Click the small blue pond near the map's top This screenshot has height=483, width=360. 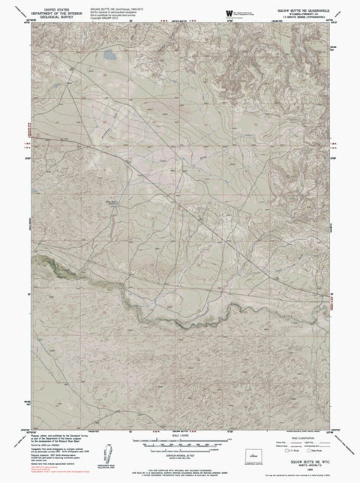point(108,55)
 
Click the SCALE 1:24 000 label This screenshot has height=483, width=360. point(180,435)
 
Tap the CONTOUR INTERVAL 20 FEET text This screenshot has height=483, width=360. point(180,455)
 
